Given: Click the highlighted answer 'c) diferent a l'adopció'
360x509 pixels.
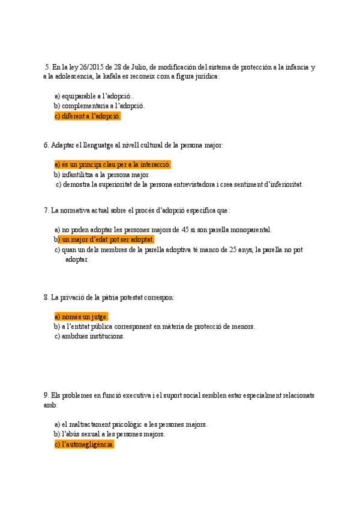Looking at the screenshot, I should (x=88, y=116).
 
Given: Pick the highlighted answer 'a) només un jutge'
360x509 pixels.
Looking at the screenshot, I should (x=81, y=316).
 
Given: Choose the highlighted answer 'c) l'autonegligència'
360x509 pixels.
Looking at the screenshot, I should (x=84, y=445).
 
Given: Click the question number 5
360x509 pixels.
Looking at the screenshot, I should (x=47, y=67).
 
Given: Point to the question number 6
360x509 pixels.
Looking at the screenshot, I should (x=46, y=145).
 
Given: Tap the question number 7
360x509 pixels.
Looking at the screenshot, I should (x=46, y=210).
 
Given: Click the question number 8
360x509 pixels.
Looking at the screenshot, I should (x=46, y=297).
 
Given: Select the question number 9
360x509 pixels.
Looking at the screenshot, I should (x=46, y=396).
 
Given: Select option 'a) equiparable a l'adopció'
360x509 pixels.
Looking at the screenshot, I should (x=94, y=96).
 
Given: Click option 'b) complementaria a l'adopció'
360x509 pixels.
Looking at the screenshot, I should (x=99, y=106).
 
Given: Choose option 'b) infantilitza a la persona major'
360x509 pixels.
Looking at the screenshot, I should (x=101, y=175).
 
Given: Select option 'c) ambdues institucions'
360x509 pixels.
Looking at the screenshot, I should (x=89, y=337).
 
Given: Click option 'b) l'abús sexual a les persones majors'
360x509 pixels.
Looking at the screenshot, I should (x=109, y=435).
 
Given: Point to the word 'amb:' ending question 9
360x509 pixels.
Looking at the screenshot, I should (x=50, y=405).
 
